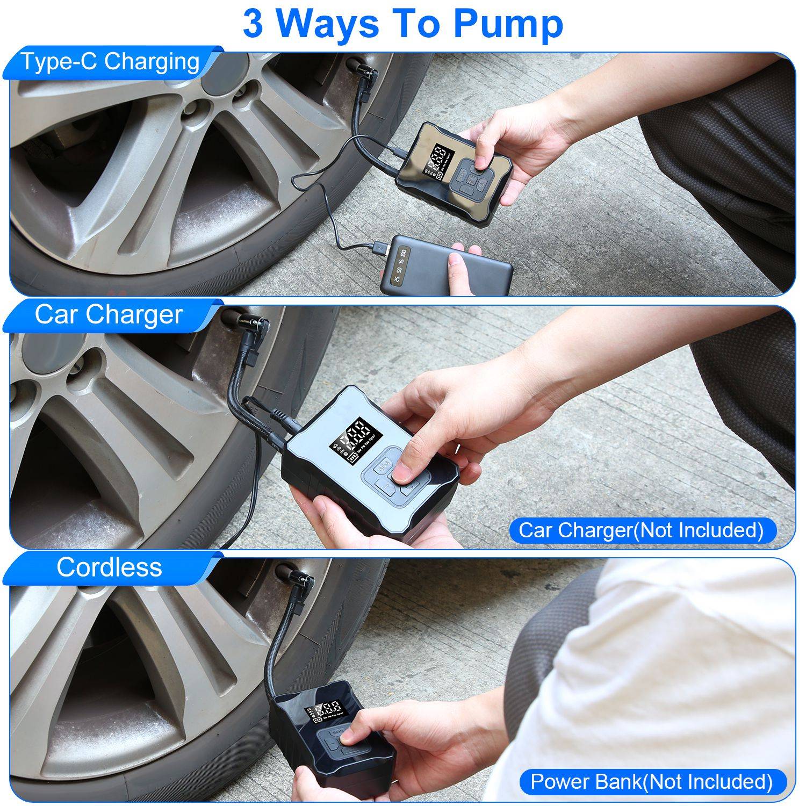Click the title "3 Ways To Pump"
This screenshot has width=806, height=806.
tap(402, 24)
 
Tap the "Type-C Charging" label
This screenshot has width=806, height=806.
tap(110, 62)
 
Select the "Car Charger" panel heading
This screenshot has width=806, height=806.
tap(109, 315)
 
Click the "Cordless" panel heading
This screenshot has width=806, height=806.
tap(109, 567)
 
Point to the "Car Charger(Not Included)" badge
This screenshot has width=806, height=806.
tap(641, 530)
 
